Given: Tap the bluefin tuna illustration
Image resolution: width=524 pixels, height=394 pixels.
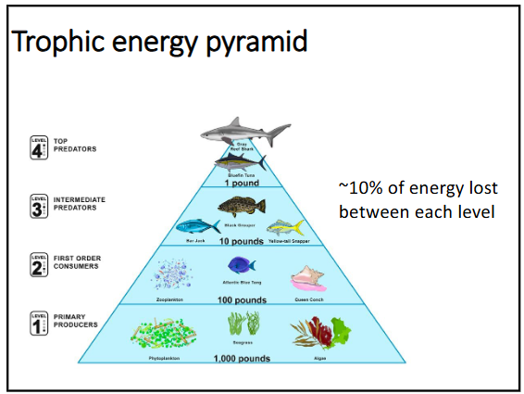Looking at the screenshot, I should click(x=240, y=162).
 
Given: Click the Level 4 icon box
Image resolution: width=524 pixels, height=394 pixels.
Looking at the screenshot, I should click(x=39, y=147).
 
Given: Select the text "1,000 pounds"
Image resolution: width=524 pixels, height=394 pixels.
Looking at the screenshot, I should click(x=243, y=358).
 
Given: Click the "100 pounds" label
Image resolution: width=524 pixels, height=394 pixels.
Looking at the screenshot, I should click(x=243, y=300).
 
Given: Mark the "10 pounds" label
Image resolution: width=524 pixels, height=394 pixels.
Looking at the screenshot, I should click(x=242, y=240).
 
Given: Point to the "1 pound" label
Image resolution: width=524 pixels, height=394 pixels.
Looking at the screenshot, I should click(x=240, y=183).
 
